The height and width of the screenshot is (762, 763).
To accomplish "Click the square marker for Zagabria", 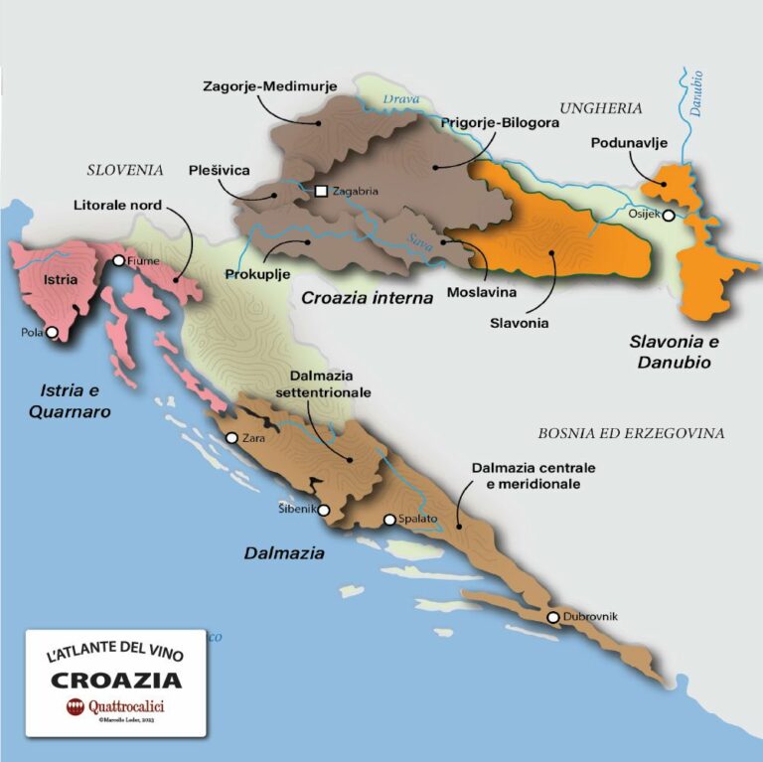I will click(x=321, y=192).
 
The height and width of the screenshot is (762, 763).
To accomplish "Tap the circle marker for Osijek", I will click(x=669, y=215).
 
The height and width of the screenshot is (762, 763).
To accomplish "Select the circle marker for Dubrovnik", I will click(x=553, y=618).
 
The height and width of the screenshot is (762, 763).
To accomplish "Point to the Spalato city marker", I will click(x=389, y=520).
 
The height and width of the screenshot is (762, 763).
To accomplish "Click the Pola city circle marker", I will click(x=52, y=333).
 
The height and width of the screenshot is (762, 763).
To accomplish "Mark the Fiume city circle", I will click(x=118, y=261).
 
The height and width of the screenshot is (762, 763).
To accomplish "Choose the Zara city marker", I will click(x=231, y=438).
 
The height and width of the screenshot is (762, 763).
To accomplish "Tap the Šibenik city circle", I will click(x=323, y=510).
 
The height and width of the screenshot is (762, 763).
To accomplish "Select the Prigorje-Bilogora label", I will click(x=500, y=123).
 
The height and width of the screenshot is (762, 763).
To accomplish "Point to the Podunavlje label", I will click(x=629, y=143).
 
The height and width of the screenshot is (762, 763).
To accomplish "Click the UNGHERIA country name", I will click(x=601, y=108).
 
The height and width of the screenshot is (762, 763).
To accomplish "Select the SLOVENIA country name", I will click(x=125, y=170).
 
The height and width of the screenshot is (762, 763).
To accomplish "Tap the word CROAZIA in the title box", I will click(x=116, y=681).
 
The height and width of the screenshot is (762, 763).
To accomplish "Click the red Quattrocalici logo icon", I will click(x=74, y=707).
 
